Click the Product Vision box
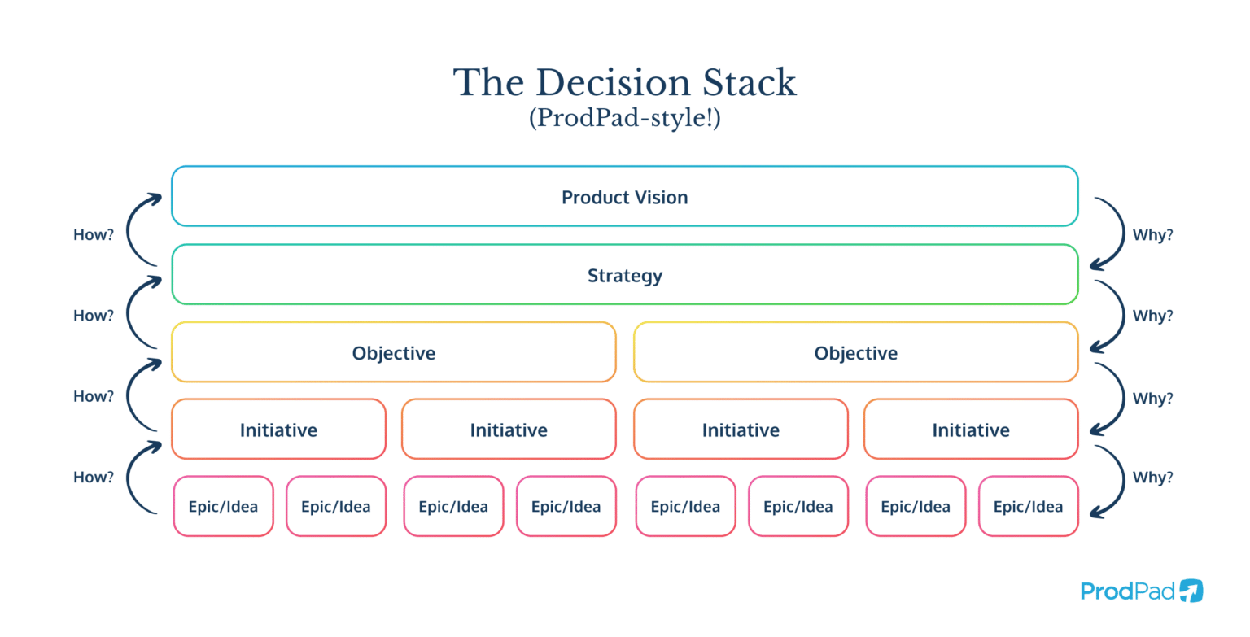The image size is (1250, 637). pyautogui.click(x=624, y=197)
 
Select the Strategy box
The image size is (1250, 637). pyautogui.click(x=624, y=275)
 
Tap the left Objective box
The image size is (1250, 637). pyautogui.click(x=393, y=353)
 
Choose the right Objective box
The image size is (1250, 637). pyautogui.click(x=855, y=353)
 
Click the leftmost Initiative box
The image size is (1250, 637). pyautogui.click(x=278, y=430)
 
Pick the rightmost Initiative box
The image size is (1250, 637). pyautogui.click(x=970, y=430)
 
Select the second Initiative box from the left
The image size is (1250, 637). pyautogui.click(x=509, y=430)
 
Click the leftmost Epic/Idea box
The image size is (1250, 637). pyautogui.click(x=223, y=506)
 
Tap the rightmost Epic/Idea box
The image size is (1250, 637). pyautogui.click(x=1028, y=506)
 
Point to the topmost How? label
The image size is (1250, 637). pyautogui.click(x=94, y=235)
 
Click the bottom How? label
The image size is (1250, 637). pyautogui.click(x=94, y=477)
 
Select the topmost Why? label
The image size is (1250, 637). pyautogui.click(x=1152, y=235)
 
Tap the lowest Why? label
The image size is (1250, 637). pyautogui.click(x=1152, y=477)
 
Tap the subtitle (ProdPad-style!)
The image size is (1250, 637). pyautogui.click(x=624, y=119)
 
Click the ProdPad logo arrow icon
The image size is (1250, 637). pyautogui.click(x=1191, y=591)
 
